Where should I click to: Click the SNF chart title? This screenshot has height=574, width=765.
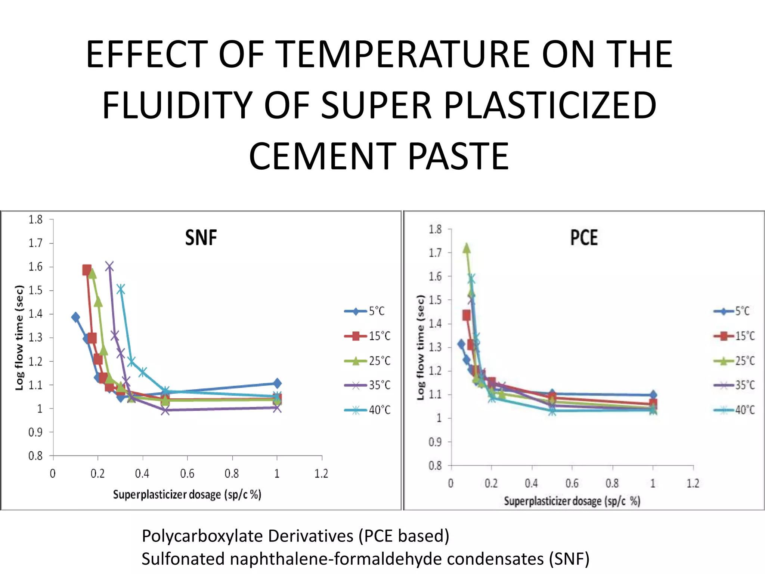point(201,238)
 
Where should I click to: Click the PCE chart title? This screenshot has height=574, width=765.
point(584,238)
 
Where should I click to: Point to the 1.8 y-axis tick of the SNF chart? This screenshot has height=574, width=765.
point(36,219)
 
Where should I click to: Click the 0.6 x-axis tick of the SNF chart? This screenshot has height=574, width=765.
point(187,474)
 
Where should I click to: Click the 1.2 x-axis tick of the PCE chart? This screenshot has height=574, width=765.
point(693,484)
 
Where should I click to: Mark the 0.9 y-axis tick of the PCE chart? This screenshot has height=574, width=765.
point(435,442)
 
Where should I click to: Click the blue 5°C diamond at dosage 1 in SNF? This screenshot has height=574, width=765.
point(277,383)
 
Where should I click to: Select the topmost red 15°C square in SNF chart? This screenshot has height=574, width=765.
point(87,270)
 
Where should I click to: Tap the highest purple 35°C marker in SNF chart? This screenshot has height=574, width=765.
point(109,266)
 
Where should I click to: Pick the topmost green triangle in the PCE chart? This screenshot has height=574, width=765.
point(467,248)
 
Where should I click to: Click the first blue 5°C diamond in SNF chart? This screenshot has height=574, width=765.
point(75,317)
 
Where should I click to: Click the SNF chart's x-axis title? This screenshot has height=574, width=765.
point(187,495)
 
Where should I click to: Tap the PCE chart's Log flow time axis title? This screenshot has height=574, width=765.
point(421,347)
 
